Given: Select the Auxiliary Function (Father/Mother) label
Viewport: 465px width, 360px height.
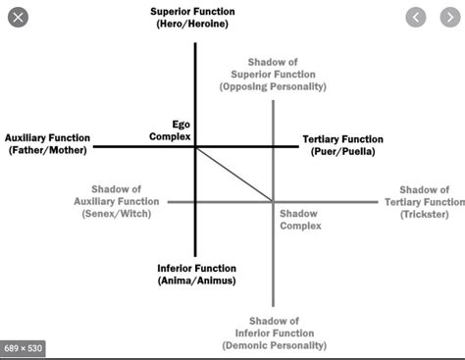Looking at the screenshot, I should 48,143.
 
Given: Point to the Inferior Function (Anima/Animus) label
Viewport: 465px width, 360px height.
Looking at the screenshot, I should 196,274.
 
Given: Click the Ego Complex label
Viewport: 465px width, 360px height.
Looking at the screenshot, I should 162,130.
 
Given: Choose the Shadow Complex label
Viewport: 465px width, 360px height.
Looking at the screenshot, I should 300,219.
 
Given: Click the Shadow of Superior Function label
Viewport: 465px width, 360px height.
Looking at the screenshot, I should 272,73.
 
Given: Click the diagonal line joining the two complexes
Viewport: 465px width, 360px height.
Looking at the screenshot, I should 234,174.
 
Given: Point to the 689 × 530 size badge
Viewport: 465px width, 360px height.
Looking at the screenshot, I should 23,347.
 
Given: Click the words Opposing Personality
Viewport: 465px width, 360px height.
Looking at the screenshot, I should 272,85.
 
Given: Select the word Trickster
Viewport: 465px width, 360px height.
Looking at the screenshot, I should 425,213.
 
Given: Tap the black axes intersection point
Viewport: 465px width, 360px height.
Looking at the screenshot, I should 195,147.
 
